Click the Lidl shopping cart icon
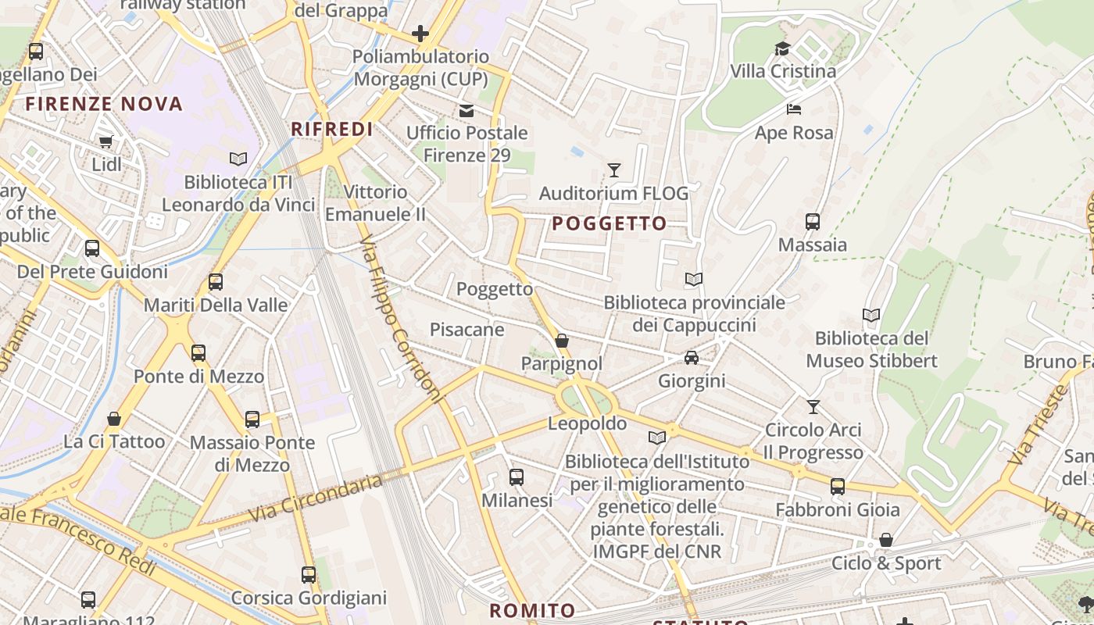coord(105,142)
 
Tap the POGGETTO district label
coord(610,224)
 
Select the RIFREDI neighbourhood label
coord(332,130)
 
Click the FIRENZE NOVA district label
coord(104,104)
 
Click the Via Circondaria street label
coord(316,498)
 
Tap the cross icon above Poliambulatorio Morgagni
coord(420,33)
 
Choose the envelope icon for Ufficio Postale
coord(467,111)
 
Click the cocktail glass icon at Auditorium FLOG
coord(614,170)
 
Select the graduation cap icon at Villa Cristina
coord(782,48)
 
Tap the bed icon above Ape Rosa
coord(794,109)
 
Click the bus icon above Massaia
coord(813,222)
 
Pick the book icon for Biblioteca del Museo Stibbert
coord(871,316)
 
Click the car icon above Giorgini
coord(692,358)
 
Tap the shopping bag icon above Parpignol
coord(562,341)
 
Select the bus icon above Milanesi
coord(517,477)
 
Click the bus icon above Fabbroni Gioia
coord(838,487)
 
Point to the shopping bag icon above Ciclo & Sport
coord(886,540)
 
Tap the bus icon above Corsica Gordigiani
coord(309,575)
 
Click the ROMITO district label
coord(532,611)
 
